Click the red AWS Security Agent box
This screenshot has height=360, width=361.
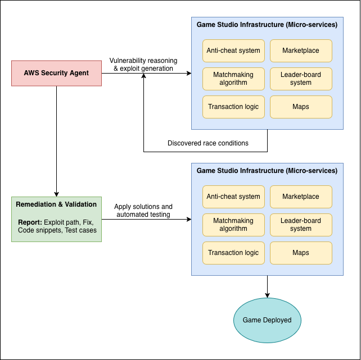tap(56, 73)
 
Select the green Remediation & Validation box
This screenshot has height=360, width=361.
tap(56, 219)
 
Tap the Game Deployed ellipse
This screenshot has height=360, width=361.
tap(267, 320)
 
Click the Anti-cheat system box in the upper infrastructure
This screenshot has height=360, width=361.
tap(233, 51)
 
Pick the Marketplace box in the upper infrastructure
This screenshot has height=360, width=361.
tap(301, 51)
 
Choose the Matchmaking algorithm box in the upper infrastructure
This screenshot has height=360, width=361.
tap(233, 79)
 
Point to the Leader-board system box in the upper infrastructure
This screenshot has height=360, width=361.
tap(301, 79)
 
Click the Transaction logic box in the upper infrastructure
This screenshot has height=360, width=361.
tap(233, 107)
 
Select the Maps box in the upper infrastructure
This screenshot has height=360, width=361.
tap(301, 107)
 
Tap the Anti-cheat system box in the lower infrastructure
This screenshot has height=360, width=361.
tap(233, 197)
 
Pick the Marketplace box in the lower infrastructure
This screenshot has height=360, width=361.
tap(301, 197)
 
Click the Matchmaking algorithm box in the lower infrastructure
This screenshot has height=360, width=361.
tap(233, 225)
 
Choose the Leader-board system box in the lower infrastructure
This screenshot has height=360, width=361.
tap(301, 225)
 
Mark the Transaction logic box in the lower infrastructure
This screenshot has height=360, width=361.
tap(233, 253)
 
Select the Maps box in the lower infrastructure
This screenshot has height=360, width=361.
tap(301, 253)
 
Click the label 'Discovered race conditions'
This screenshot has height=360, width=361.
tap(208, 143)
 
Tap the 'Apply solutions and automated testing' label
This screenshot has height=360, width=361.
tap(143, 211)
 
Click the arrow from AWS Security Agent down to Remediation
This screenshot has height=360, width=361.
tap(56, 140)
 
